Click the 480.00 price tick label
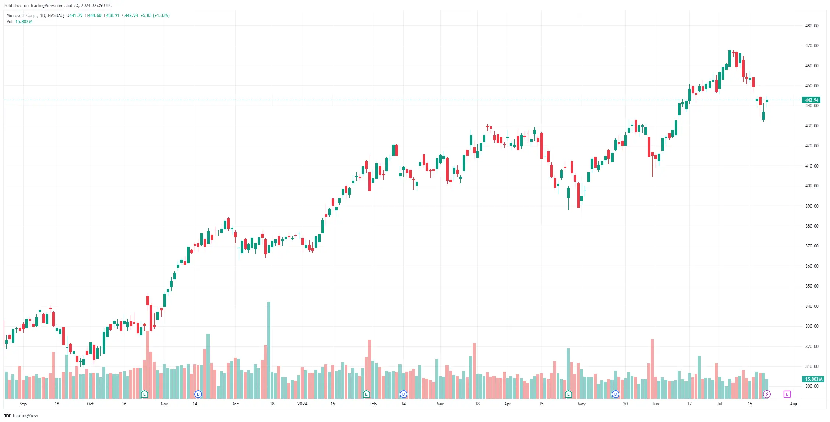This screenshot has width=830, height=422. click(x=812, y=26)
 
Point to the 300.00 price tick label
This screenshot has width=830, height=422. click(x=812, y=386)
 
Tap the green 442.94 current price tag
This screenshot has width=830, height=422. click(x=811, y=100)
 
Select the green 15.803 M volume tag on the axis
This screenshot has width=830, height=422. click(x=813, y=379)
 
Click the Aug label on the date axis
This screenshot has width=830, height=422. click(x=794, y=404)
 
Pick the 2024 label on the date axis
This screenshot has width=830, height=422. click(x=302, y=404)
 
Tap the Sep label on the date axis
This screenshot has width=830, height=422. click(x=23, y=404)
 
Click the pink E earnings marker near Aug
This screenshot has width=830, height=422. click(x=787, y=394)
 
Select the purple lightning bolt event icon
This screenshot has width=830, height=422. click(x=767, y=394)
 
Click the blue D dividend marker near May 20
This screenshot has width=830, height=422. click(x=615, y=394)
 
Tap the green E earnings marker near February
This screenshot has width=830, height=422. click(x=366, y=394)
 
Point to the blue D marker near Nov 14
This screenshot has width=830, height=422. click(x=198, y=394)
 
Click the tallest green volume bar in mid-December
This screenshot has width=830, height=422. click(x=269, y=350)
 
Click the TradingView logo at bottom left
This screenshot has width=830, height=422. click(x=21, y=415)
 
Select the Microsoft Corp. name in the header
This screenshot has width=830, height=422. click(x=22, y=15)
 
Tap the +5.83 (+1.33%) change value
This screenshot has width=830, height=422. click(x=155, y=15)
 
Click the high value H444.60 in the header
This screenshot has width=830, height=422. click(x=93, y=15)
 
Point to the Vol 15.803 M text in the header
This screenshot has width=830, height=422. click(x=20, y=22)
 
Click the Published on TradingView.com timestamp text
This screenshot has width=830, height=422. click(x=58, y=6)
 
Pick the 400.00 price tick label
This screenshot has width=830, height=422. click(x=812, y=186)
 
